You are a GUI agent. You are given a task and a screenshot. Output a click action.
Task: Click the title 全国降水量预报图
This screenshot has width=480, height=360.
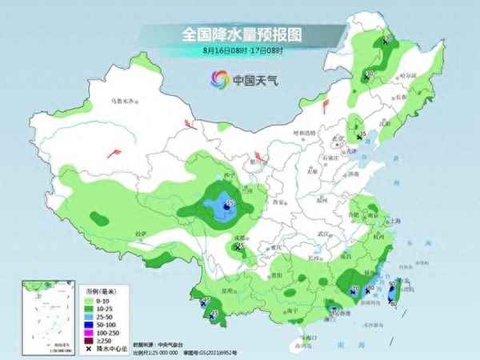click(x=240, y=34)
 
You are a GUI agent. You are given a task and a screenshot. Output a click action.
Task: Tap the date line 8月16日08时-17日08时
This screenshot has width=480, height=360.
click(x=240, y=50)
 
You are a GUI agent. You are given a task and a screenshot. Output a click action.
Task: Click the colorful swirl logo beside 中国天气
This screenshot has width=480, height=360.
click(x=218, y=78)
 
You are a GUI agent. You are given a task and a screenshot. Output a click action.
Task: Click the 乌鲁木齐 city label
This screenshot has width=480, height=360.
click(x=123, y=102)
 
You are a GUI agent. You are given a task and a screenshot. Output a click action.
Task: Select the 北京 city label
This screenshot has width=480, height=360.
click(x=338, y=138)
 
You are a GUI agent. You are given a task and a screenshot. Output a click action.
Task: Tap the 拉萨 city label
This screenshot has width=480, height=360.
click(x=142, y=233)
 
